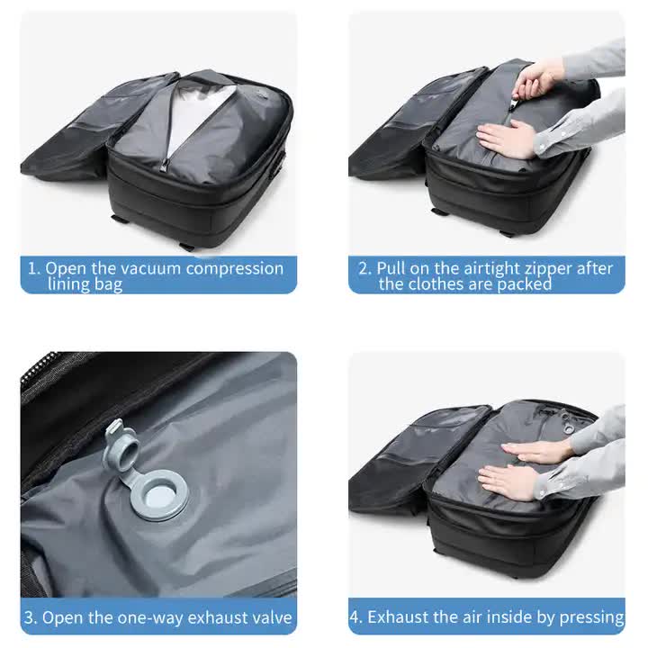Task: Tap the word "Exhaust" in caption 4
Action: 400,617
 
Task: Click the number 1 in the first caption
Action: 32,268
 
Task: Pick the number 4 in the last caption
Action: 355,617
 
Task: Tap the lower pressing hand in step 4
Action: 508,481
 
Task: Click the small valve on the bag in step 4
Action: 568,418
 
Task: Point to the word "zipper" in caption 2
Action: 563,268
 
